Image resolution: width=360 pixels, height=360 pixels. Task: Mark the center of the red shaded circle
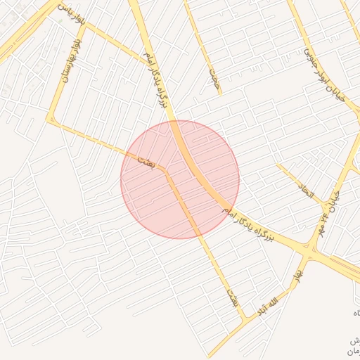180,180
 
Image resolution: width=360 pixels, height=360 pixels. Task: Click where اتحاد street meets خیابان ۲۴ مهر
324,205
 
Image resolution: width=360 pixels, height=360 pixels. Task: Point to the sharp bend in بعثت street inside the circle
165,170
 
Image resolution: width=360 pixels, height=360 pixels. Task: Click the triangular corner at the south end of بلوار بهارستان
49,120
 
